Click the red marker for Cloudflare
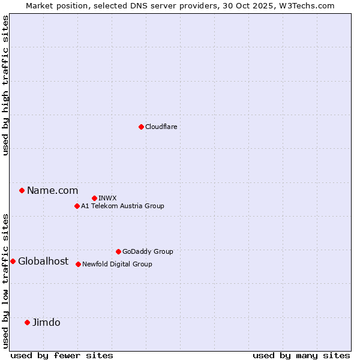coord(141,127)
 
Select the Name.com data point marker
coord(22,190)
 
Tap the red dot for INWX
coord(94,198)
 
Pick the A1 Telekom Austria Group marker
coord(77,206)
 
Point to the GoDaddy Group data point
coord(118,251)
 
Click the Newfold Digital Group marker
coord(78,264)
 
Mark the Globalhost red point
coord(13,261)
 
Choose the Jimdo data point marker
coord(27,322)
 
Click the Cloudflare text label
coord(161,127)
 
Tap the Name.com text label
coord(52,190)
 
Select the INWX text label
coord(107,198)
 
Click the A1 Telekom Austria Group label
coord(122,206)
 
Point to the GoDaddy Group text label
coord(148,251)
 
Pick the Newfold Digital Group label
coord(117,264)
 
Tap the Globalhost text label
coord(43,261)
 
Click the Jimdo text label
coord(46,322)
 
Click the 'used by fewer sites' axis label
coord(62,355)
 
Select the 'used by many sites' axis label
coord(301,355)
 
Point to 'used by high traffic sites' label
coord(5,85)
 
